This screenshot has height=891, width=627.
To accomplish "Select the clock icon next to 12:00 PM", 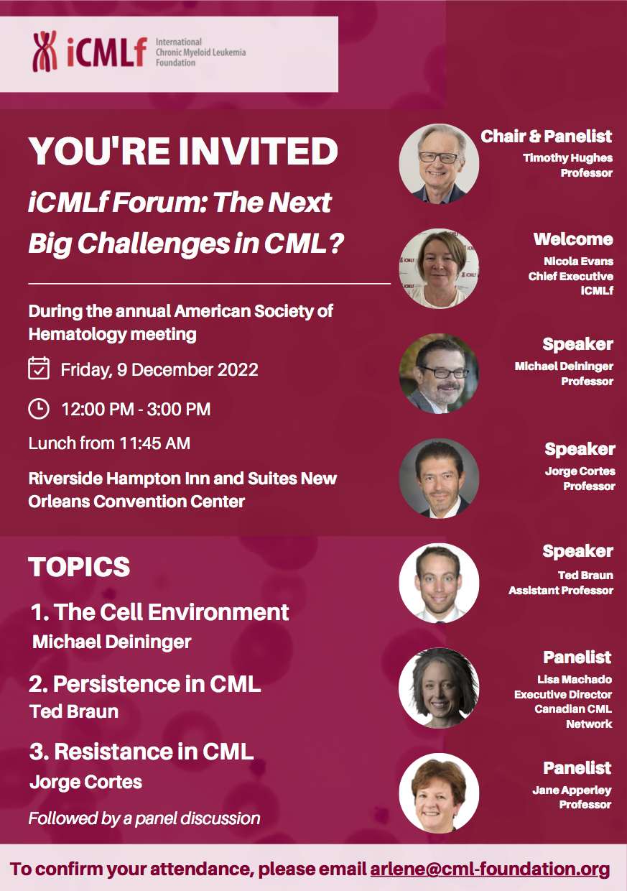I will click(38, 409).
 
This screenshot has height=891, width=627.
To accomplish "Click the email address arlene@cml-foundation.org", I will click(490, 869).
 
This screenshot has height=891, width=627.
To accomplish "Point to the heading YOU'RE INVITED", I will click(183, 151).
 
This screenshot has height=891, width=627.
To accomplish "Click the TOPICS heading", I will click(79, 567).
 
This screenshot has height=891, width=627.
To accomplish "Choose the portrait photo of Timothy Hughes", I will click(438, 164).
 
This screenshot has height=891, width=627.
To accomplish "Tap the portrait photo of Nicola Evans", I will click(438, 268).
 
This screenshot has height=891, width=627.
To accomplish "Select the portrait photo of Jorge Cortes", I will click(438, 478).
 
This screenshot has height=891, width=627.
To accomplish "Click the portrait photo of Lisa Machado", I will click(438, 688).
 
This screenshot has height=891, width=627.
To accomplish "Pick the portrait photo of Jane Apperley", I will click(438, 793).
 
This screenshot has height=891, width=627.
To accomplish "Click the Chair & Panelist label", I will click(546, 136).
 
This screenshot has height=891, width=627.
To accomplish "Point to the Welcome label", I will click(572, 239).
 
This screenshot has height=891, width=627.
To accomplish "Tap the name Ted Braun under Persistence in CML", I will click(73, 711).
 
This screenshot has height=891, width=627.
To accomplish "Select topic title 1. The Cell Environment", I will click(159, 612).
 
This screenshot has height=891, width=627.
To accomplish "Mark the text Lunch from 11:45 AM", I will click(109, 443).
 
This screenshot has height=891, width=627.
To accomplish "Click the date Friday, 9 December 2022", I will click(159, 370).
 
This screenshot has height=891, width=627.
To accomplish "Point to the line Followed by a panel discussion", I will click(144, 818).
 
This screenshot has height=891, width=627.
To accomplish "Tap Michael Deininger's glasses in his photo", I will click(443, 371).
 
